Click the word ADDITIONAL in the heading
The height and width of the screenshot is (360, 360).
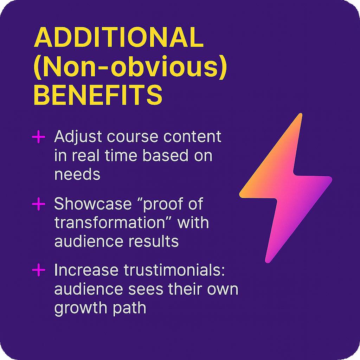pyautogui.click(x=119, y=37)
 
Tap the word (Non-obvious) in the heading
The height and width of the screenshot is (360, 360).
pyautogui.click(x=130, y=66)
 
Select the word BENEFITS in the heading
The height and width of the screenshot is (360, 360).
pyautogui.click(x=98, y=95)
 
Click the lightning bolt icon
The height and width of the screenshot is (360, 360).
pyautogui.click(x=285, y=188)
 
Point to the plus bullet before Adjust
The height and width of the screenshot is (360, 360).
pyautogui.click(x=39, y=137)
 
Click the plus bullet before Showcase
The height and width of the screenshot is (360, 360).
pyautogui.click(x=39, y=204)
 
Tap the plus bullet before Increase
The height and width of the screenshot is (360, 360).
pyautogui.click(x=39, y=270)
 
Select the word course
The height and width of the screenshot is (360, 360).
pyautogui.click(x=133, y=137)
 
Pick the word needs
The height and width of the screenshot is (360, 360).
pyautogui.click(x=77, y=174)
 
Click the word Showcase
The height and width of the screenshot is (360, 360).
pyautogui.click(x=93, y=204)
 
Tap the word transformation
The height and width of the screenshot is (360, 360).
pyautogui.click(x=110, y=223)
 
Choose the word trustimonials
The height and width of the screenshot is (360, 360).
pyautogui.click(x=174, y=270)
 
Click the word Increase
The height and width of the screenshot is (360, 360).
pyautogui.click(x=86, y=270)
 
